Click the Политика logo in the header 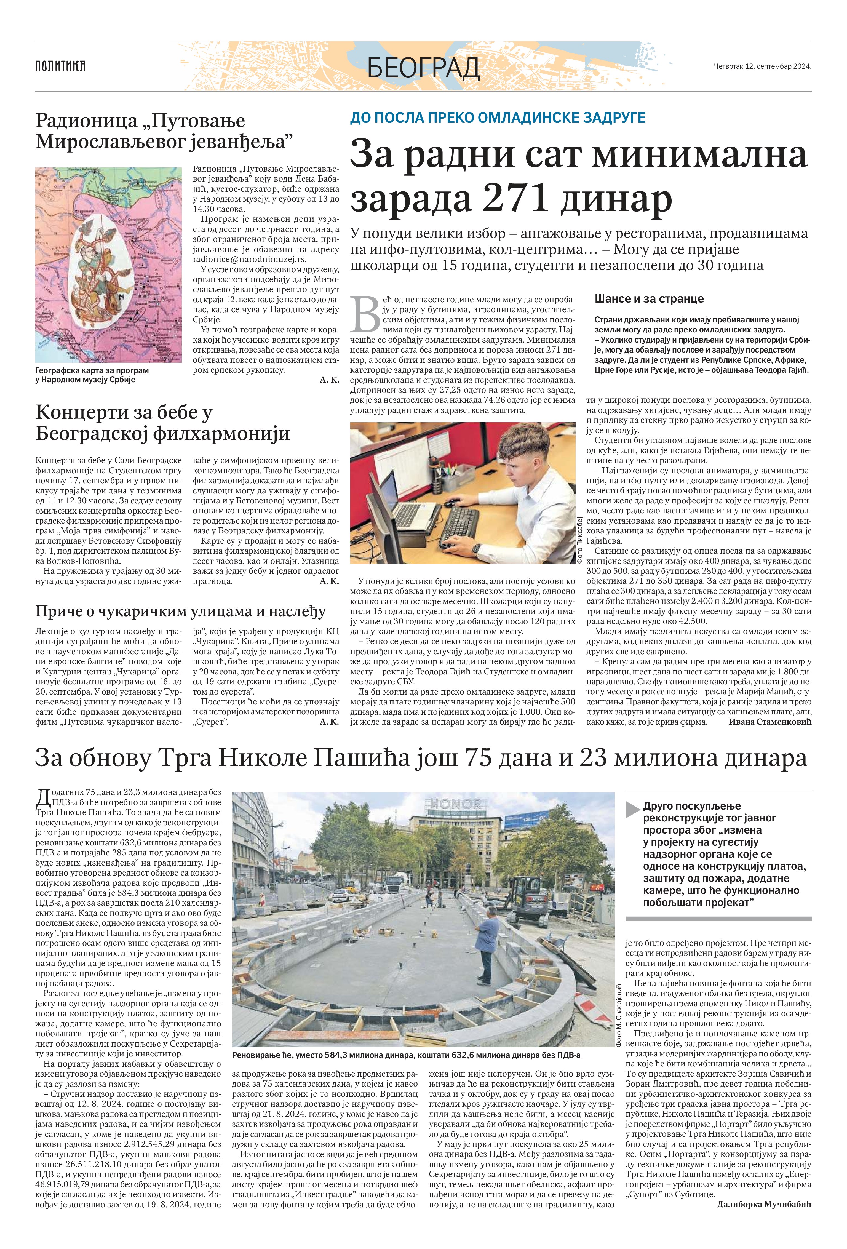coord(60,66)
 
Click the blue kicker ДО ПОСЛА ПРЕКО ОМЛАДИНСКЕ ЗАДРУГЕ coord(498,118)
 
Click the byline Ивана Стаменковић coord(769,722)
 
